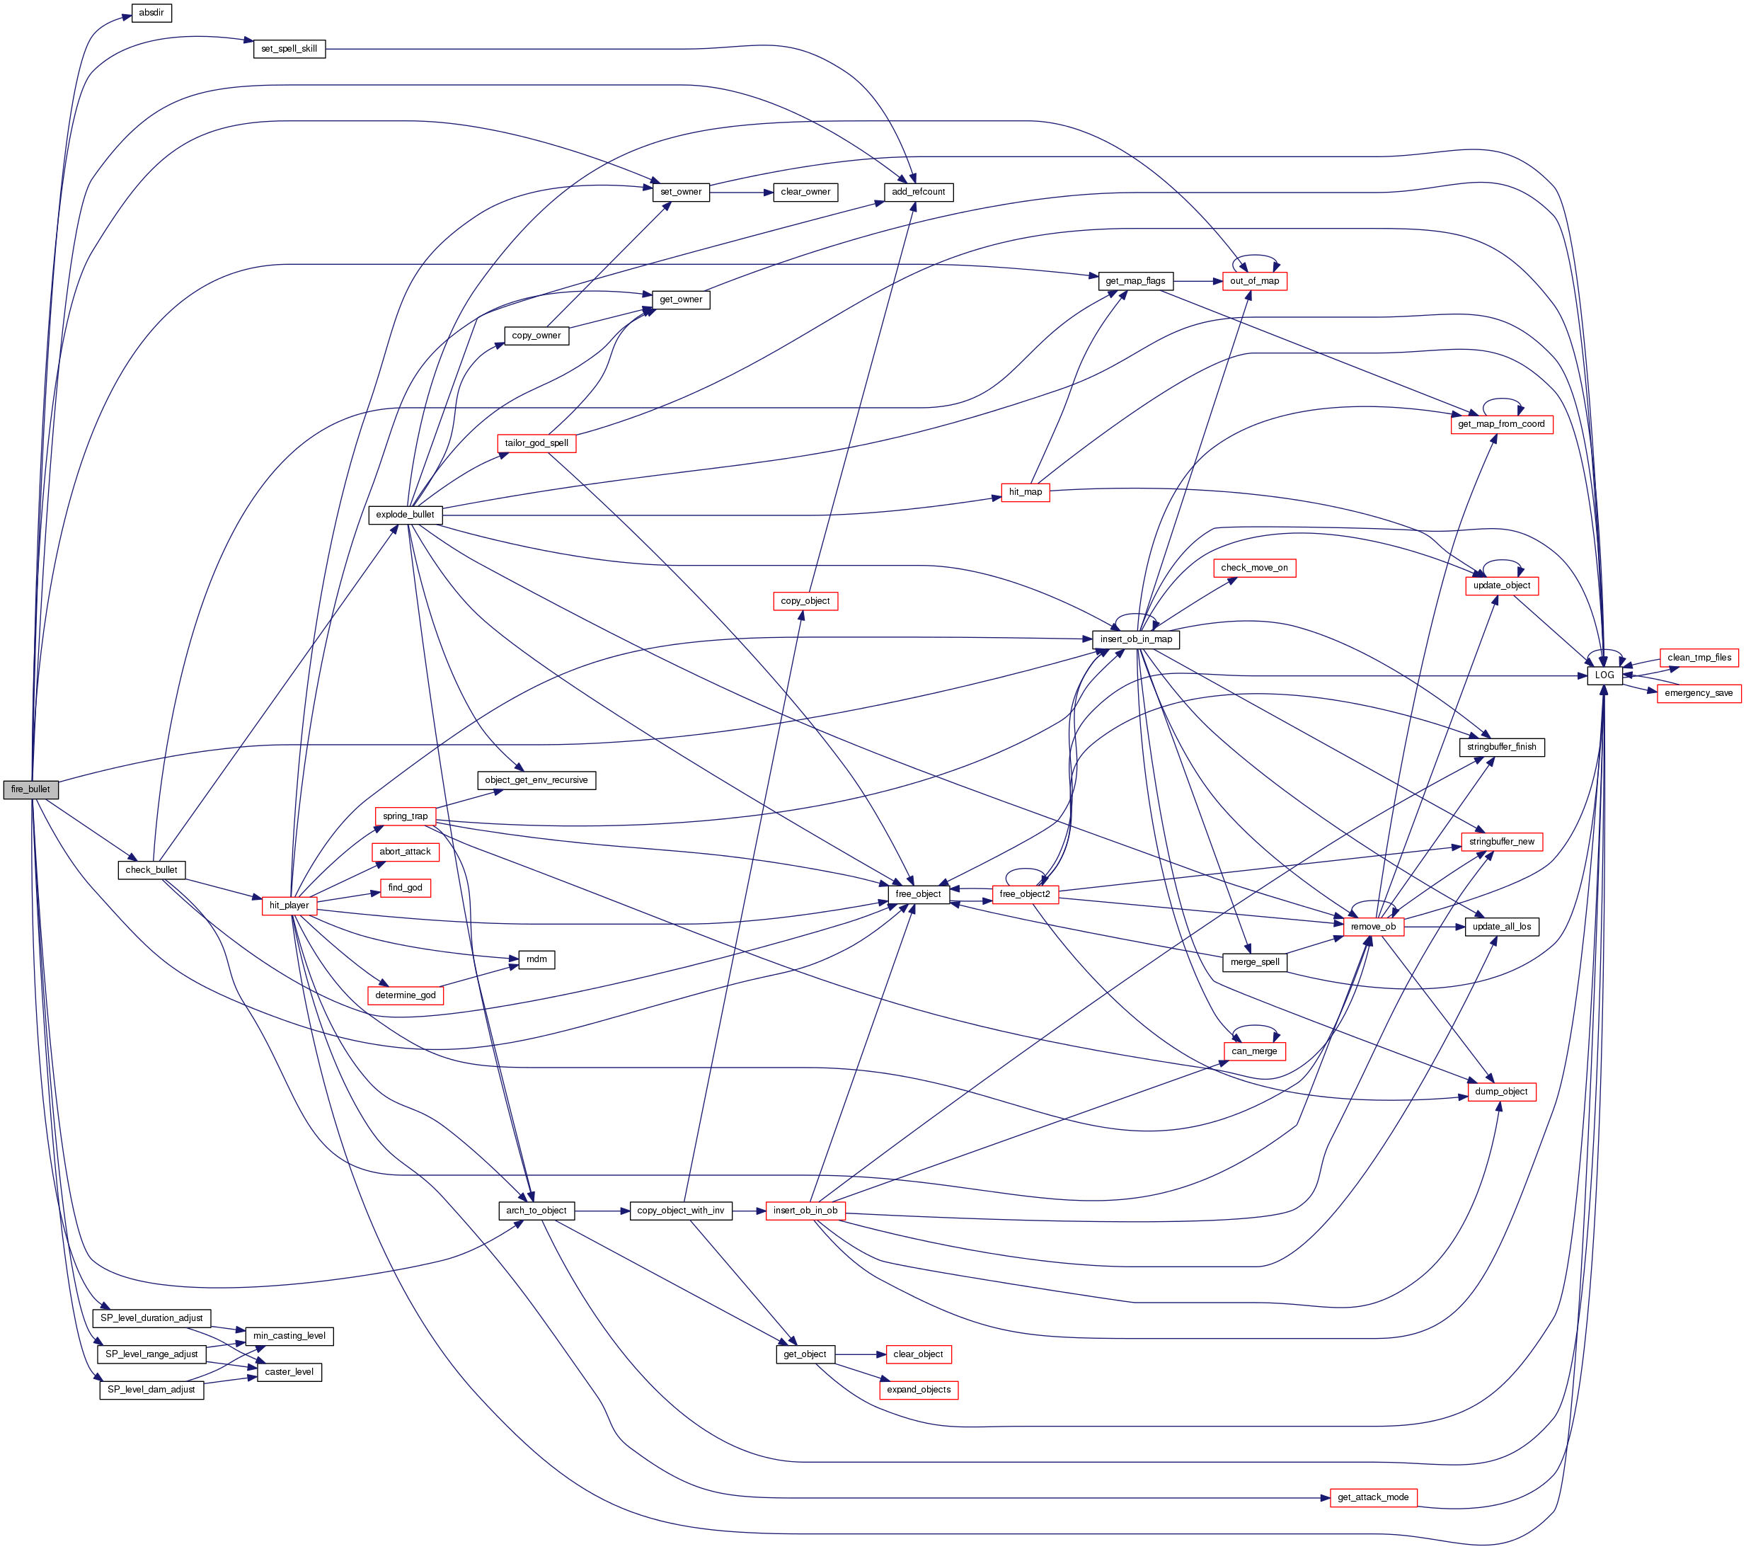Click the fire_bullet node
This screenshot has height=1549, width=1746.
point(30,789)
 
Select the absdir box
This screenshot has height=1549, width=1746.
point(151,13)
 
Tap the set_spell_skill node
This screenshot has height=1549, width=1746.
point(289,49)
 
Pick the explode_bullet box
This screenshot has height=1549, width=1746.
point(405,515)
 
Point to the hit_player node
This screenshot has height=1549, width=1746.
point(289,905)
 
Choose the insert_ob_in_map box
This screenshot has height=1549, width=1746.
point(1135,639)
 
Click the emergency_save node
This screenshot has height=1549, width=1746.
point(1698,693)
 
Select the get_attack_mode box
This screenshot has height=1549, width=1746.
point(1373,1497)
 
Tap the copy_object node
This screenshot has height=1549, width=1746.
point(805,600)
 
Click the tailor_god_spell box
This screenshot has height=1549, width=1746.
point(536,442)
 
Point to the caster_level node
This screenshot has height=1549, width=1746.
point(289,1371)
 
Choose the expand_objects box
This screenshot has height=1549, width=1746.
point(918,1389)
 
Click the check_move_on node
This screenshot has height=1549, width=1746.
point(1254,567)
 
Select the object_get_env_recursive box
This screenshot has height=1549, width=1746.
point(536,780)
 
